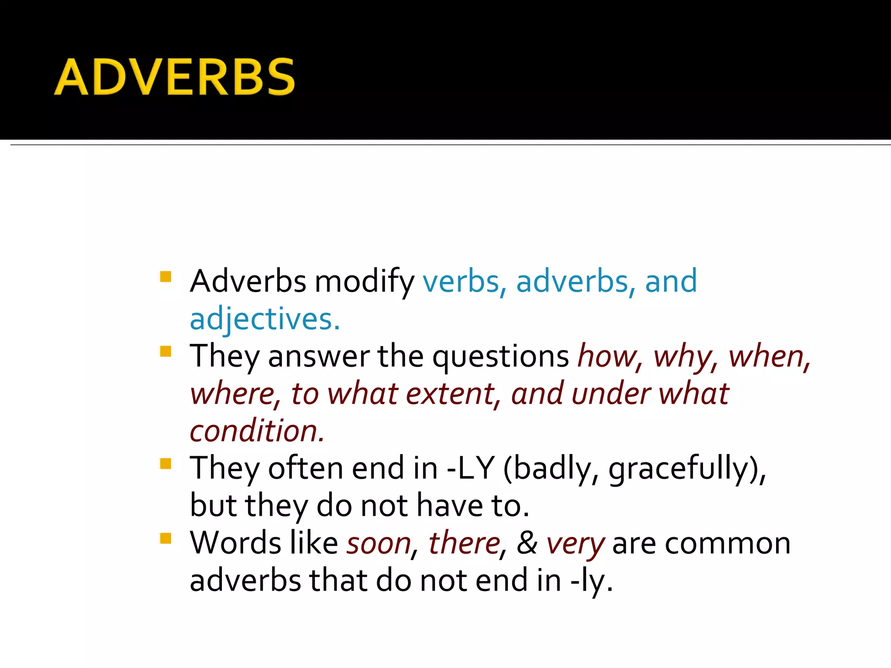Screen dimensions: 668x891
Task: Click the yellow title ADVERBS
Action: pos(174,77)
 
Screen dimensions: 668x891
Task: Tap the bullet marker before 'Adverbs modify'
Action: pos(166,277)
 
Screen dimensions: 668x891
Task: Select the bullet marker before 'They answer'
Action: pos(166,351)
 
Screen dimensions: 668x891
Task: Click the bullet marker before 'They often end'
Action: pos(166,464)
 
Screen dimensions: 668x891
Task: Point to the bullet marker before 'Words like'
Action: pos(166,538)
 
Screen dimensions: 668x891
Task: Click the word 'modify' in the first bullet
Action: pos(364,282)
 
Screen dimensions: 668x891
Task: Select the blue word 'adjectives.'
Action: pos(265,319)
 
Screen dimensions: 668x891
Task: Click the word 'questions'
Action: pos(500,357)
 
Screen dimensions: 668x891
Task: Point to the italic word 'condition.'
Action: pos(257,431)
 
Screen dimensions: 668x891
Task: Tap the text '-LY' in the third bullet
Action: pos(471,468)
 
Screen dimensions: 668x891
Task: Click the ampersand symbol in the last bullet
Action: pos(527,543)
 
